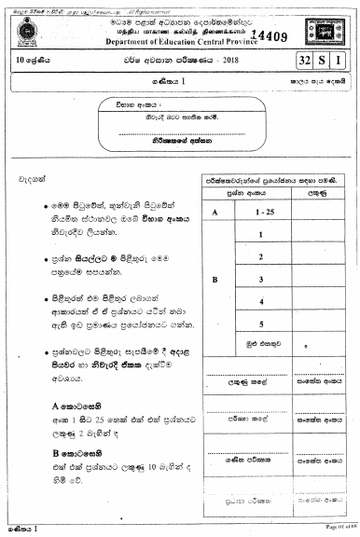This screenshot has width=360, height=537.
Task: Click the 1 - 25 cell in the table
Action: pos(264,212)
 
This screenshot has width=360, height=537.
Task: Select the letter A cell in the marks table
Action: pos(215,212)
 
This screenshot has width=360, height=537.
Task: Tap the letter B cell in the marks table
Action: pos(215,279)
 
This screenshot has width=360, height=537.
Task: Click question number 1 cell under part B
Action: pos(264,234)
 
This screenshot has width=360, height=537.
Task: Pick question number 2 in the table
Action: pos(264,256)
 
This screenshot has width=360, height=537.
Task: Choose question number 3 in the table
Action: pos(264,279)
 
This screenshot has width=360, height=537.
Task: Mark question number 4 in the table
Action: pos(264,301)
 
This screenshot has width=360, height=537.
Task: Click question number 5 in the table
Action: pos(264,324)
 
